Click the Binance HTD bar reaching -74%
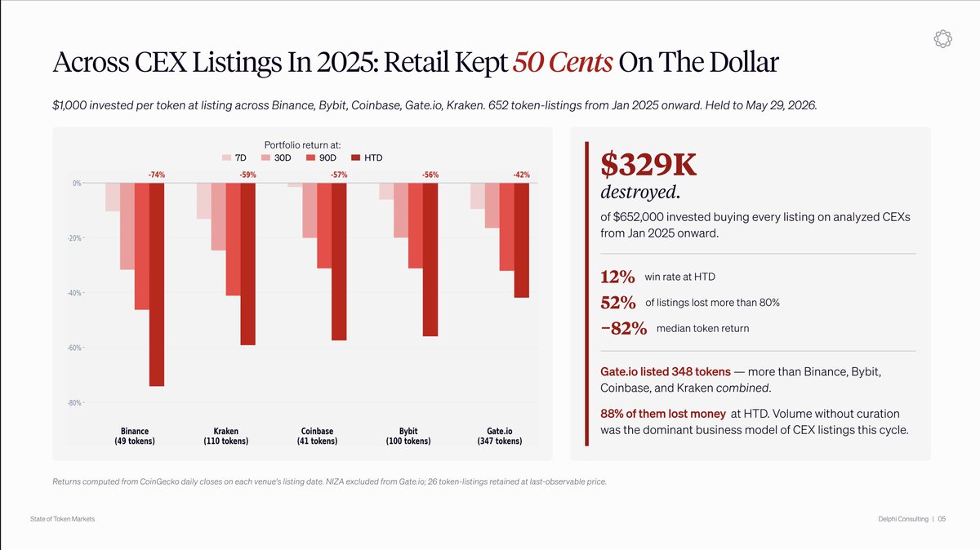tap(157, 285)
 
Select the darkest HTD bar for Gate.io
tap(522, 241)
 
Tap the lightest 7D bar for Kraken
tap(204, 201)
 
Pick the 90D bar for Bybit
tap(416, 225)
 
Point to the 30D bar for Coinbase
tap(310, 211)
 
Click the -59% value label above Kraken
tap(247, 175)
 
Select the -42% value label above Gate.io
tap(522, 175)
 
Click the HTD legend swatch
tap(356, 157)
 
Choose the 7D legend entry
tap(234, 157)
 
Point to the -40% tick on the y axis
tap(75, 293)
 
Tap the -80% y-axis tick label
tap(75, 402)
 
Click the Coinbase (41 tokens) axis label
tap(317, 436)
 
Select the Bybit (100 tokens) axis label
tap(408, 436)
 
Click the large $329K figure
tap(648, 165)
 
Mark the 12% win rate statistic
tap(617, 277)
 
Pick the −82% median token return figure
tap(624, 328)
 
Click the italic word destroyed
tap(640, 193)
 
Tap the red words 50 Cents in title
tap(563, 62)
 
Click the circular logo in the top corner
tap(942, 39)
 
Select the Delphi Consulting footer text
tap(903, 519)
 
